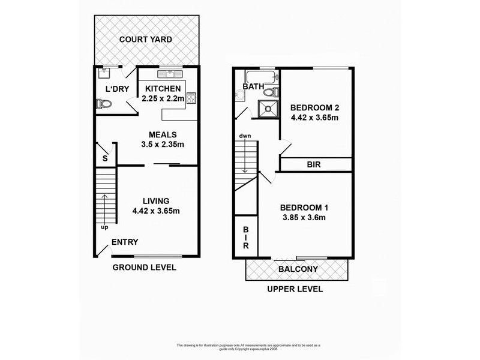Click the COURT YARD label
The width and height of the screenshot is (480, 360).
[x=145, y=40]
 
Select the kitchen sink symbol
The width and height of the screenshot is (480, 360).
[x=170, y=74]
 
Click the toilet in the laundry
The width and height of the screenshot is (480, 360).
[x=103, y=104]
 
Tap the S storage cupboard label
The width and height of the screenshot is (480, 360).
[x=104, y=158]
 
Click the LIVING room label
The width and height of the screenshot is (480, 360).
[x=156, y=200]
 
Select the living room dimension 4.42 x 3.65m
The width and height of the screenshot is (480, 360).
[x=156, y=211]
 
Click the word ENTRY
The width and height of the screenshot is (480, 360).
[x=125, y=242]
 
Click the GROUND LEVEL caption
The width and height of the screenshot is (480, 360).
[x=145, y=267]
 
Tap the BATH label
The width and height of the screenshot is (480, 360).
[x=254, y=87]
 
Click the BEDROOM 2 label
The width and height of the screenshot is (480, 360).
[x=315, y=108]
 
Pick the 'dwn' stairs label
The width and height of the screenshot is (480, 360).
[x=245, y=136]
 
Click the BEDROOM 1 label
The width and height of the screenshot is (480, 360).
[x=304, y=208]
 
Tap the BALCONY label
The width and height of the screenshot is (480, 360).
[x=298, y=269]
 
